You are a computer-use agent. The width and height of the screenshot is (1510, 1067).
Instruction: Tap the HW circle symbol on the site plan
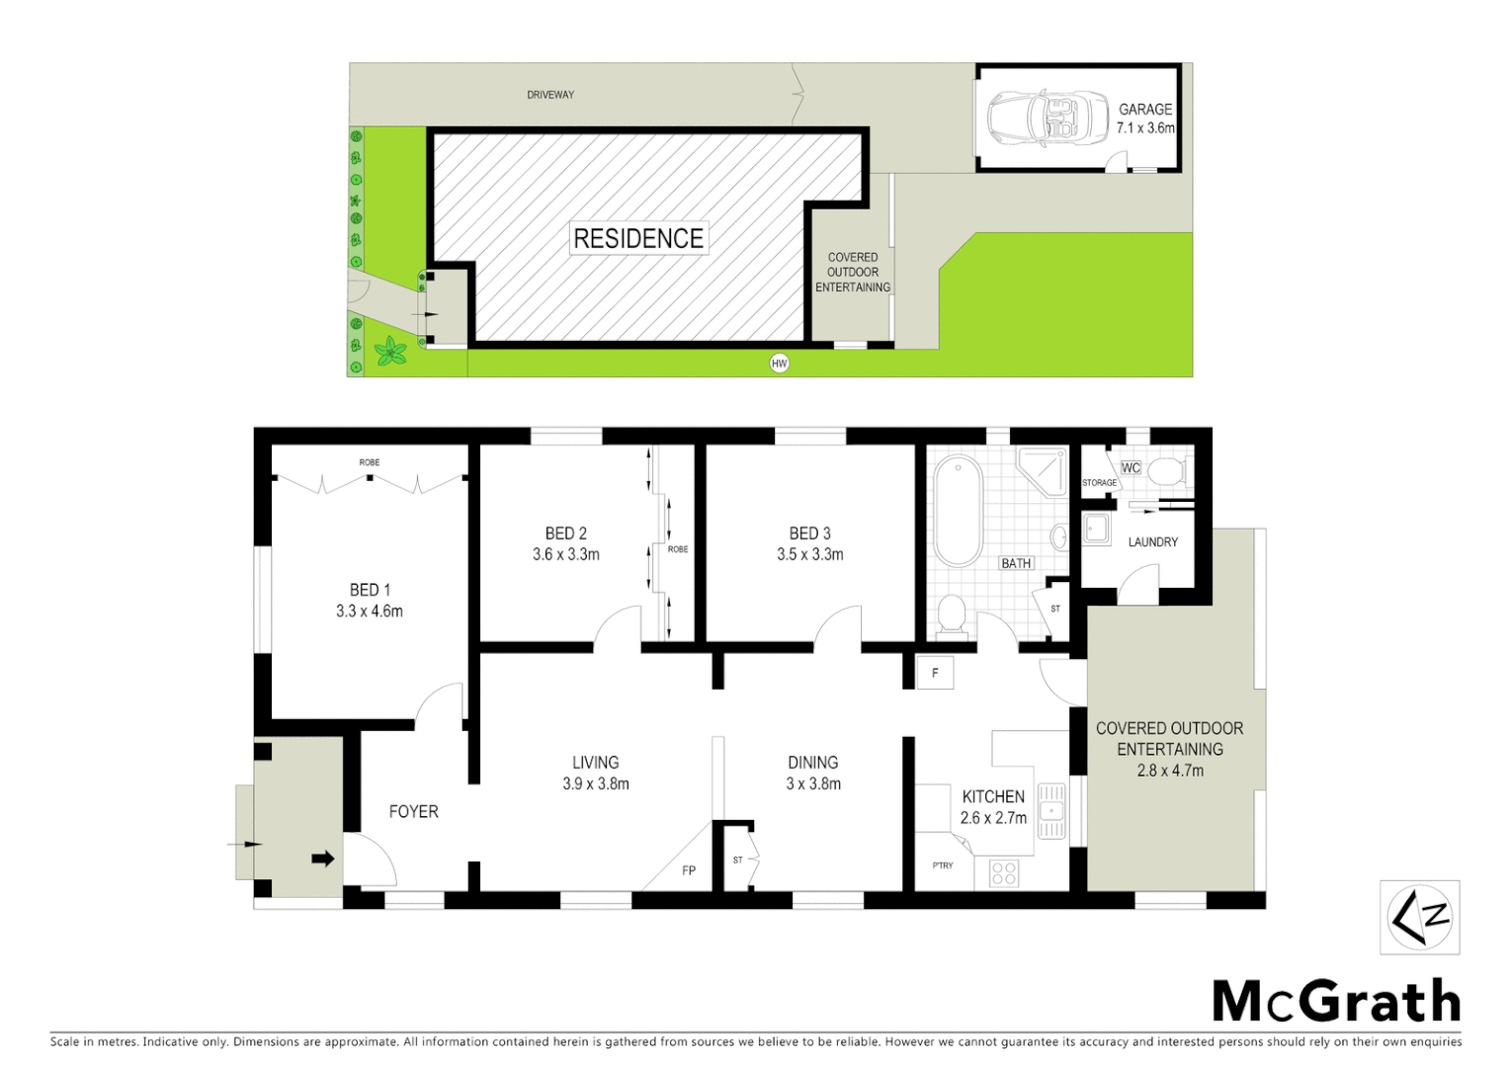[779, 364]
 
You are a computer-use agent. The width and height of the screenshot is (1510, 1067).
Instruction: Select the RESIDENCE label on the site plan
[638, 238]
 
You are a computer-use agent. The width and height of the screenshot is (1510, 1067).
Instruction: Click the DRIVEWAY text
[550, 95]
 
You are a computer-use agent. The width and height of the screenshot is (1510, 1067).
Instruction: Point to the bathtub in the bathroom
[958, 510]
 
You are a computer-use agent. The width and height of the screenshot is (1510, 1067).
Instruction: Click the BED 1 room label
[370, 590]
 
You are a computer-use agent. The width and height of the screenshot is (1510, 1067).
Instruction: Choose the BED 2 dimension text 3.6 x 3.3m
[566, 554]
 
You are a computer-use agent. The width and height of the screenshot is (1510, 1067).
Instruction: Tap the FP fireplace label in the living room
[689, 870]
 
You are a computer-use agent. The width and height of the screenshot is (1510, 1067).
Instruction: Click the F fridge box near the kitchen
[935, 673]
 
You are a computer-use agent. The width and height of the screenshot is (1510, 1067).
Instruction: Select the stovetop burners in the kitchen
[1004, 872]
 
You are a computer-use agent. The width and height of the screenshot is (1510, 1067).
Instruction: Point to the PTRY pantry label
[943, 865]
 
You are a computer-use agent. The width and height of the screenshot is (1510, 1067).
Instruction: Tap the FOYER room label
[413, 811]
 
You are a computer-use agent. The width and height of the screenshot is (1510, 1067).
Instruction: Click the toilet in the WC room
[1167, 470]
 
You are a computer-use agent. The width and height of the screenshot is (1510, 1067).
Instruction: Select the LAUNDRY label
[1153, 541]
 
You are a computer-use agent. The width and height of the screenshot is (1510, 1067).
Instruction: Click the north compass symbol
[1419, 918]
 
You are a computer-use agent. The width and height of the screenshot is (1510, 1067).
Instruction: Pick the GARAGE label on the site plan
[1145, 110]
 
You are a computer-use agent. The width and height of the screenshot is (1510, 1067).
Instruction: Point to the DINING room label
[813, 763]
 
